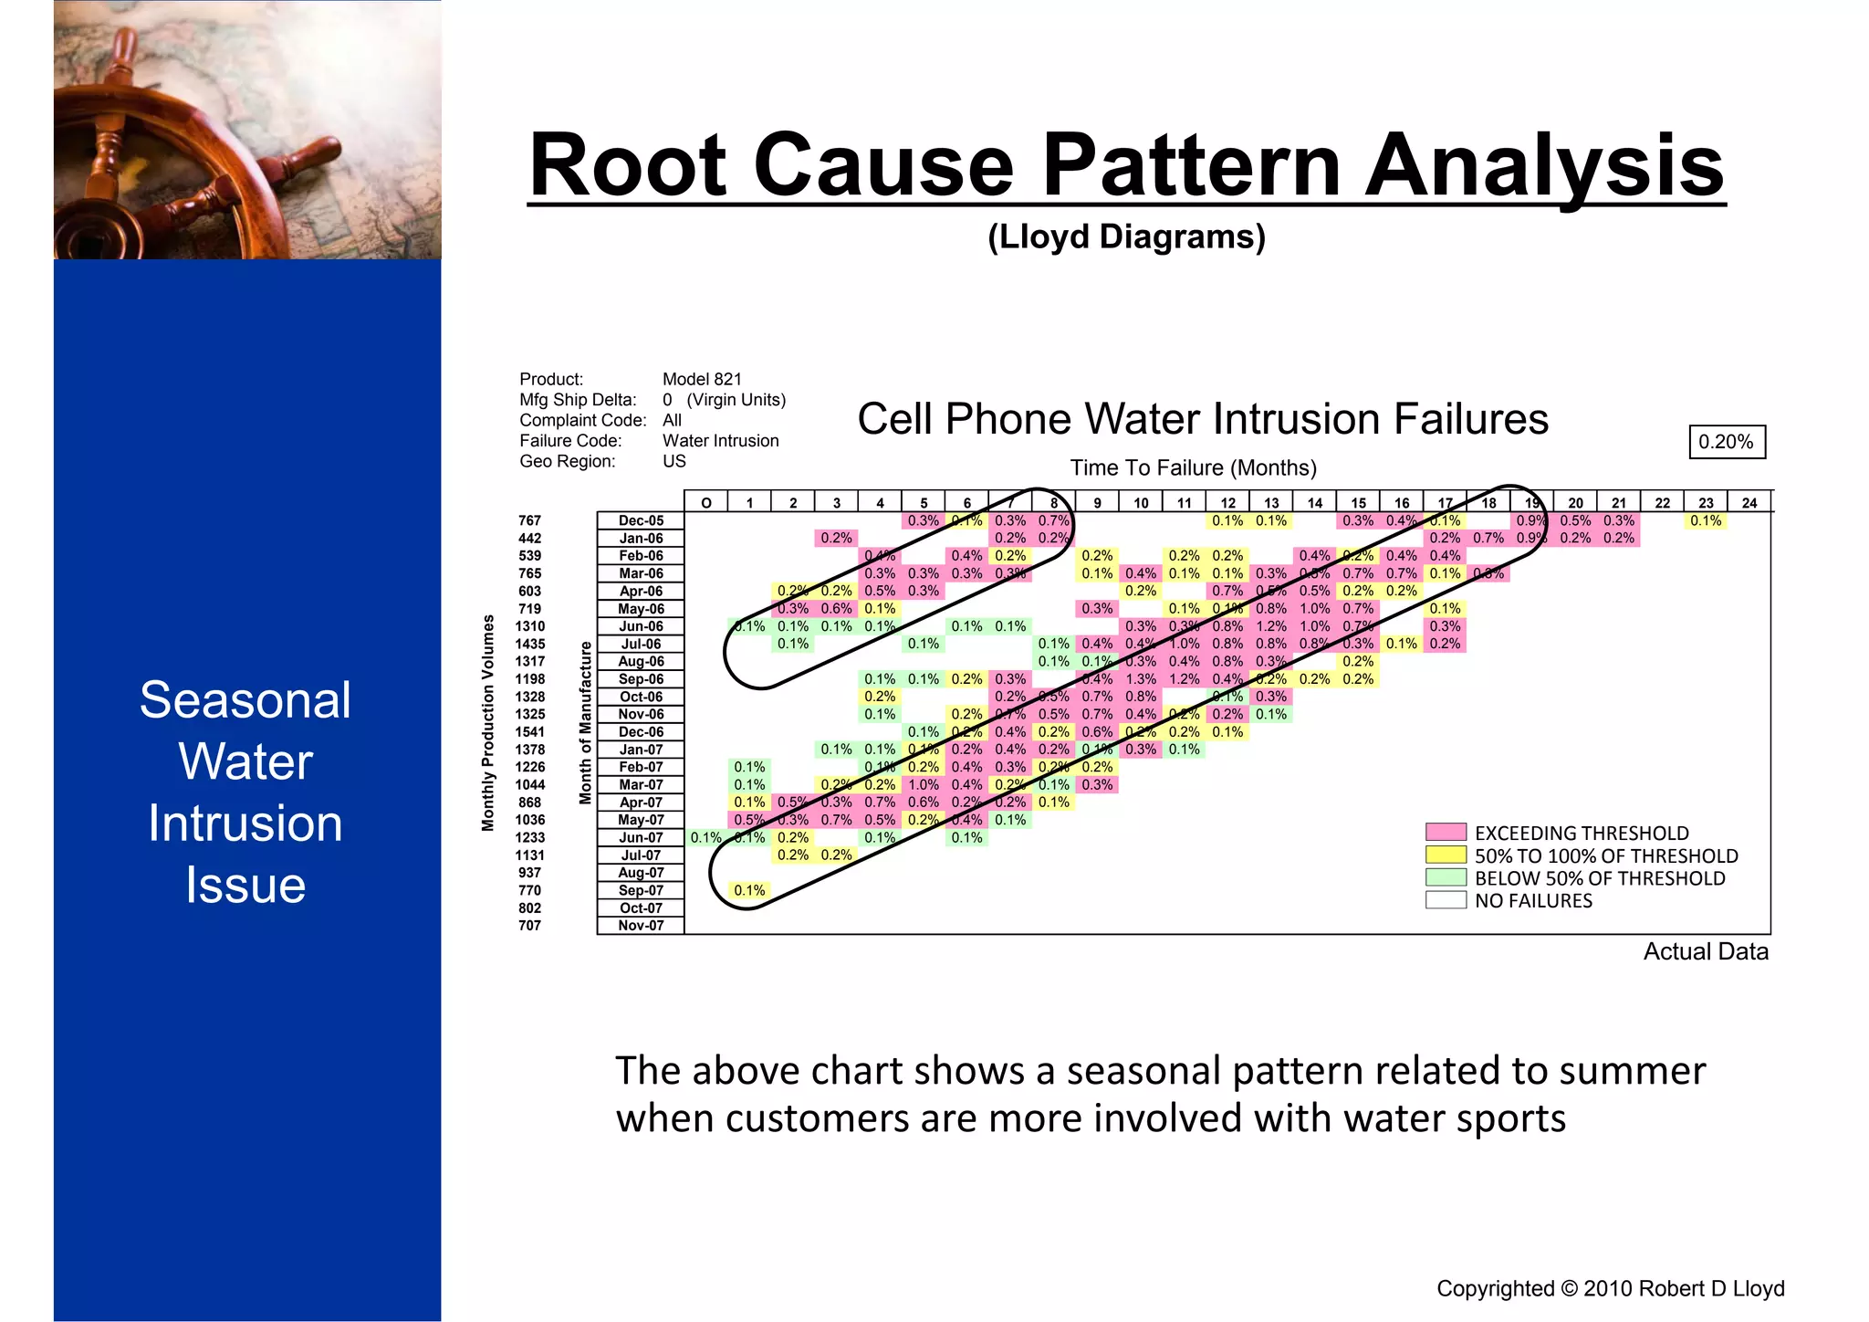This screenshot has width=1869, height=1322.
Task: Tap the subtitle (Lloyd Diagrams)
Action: (x=1126, y=236)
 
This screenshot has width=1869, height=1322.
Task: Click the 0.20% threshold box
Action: (x=1726, y=442)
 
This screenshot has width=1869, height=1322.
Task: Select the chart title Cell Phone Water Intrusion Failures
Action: (x=1202, y=419)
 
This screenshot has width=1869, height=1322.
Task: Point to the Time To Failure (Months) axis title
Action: (x=1193, y=468)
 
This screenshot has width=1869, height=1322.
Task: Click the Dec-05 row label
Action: (x=641, y=520)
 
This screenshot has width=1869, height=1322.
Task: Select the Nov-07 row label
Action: (x=641, y=926)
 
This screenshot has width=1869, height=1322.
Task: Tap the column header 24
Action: (x=1749, y=502)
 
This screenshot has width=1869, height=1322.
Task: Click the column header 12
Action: (x=1227, y=502)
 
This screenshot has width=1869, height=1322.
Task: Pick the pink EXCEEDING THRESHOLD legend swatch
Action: (x=1446, y=832)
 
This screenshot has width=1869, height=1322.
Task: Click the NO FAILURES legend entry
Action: (x=1533, y=901)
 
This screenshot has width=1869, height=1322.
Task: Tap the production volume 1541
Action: (x=529, y=732)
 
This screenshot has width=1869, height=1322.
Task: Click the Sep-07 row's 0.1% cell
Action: (x=749, y=890)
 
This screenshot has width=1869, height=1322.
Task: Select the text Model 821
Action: (x=702, y=379)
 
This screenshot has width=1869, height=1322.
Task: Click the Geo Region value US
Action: (x=673, y=461)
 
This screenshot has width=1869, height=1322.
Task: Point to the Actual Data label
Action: (x=1705, y=951)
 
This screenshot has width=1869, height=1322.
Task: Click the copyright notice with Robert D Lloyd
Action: (x=1610, y=1288)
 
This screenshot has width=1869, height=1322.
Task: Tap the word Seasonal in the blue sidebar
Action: (x=245, y=700)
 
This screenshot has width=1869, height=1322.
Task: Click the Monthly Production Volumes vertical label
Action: (x=488, y=722)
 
